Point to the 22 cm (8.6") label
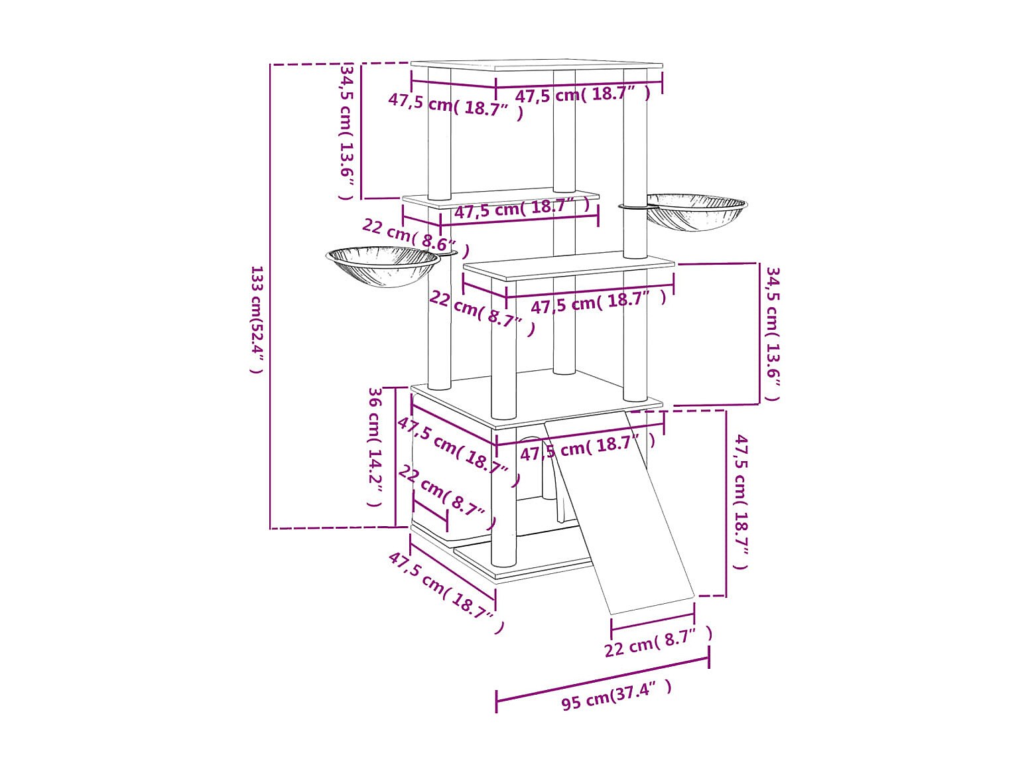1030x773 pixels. (415, 237)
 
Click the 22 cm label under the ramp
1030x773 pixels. (657, 642)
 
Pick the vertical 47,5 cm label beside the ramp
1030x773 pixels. (741, 502)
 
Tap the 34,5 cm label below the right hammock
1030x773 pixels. (773, 334)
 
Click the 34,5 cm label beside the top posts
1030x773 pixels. (347, 131)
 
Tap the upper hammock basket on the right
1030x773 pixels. (697, 212)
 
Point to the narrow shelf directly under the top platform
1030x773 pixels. (500, 196)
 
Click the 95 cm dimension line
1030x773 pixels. (602, 679)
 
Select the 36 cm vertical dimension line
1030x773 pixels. (396, 457)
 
